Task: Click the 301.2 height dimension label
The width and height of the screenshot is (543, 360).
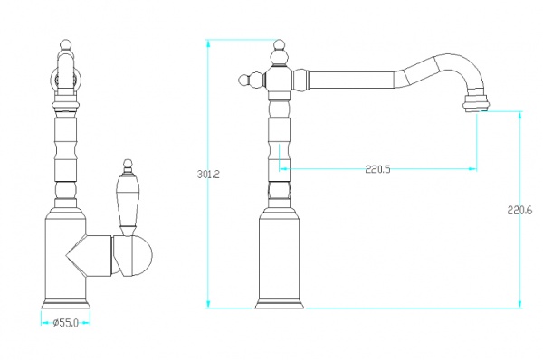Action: pyautogui.click(x=208, y=174)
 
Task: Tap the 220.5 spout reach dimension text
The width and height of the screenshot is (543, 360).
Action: pyautogui.click(x=377, y=169)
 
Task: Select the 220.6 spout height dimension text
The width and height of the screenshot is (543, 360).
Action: pyautogui.click(x=519, y=210)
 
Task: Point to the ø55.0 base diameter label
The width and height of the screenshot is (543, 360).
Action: pyautogui.click(x=66, y=323)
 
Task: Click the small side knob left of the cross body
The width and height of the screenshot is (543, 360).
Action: pyautogui.click(x=243, y=81)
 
